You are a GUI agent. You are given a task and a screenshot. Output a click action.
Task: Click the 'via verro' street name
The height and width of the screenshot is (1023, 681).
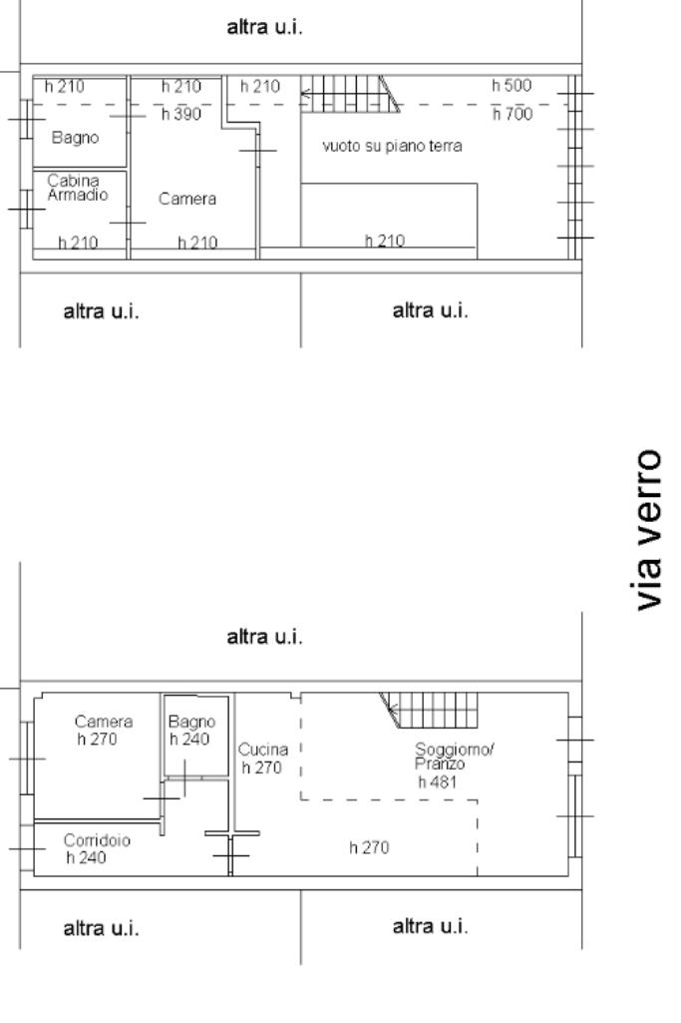648,530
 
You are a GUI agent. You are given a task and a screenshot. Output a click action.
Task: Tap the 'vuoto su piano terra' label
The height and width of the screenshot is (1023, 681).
392,146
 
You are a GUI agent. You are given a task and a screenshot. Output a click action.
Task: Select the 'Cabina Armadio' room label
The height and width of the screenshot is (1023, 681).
77,188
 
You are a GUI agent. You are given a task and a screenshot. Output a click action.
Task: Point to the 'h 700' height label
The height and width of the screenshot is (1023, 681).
512,114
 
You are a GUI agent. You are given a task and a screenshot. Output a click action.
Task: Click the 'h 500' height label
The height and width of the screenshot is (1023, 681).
511,86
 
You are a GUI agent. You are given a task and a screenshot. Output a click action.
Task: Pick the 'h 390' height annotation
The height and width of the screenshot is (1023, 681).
181,114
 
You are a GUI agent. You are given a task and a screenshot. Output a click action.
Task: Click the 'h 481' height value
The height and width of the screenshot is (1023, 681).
438,782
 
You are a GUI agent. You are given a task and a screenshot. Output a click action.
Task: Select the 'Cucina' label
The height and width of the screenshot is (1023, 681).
262,750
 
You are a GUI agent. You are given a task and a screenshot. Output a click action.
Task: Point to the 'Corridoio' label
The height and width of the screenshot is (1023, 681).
97,840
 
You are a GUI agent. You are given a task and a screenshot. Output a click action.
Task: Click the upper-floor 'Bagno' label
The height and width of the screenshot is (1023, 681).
75,138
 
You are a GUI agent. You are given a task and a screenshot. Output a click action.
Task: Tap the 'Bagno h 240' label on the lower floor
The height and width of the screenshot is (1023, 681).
191,730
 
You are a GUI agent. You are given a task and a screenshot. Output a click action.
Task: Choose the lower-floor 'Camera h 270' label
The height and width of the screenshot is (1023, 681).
103,730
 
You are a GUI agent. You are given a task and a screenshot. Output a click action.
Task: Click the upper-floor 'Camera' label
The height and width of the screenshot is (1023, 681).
187,199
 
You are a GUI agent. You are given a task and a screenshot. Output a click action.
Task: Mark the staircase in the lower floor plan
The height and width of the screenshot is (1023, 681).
429,711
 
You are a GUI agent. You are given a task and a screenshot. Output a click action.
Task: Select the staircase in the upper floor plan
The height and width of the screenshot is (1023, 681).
350,94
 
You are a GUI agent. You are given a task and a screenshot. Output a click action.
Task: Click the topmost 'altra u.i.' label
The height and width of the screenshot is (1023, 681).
264,27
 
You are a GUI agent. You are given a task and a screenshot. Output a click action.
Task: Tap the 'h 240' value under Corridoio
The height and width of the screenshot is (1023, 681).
86,858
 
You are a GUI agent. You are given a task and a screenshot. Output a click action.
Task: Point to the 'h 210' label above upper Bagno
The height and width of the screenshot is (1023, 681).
65,86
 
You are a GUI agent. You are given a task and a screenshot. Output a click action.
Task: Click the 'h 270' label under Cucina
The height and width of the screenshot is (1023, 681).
261,767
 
